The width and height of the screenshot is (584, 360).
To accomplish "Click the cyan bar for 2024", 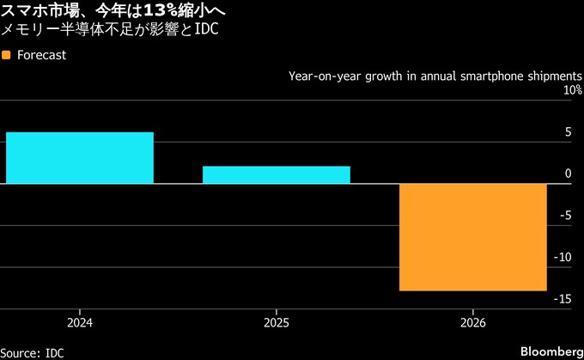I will [79, 158].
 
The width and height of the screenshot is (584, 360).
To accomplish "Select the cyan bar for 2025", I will [276, 174].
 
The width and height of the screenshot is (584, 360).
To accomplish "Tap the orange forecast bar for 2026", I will [473, 237].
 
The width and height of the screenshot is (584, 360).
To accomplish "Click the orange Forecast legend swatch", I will [7, 55].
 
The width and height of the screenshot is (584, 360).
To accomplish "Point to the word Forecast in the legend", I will [41, 55].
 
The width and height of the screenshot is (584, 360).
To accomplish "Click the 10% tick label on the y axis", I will [572, 90].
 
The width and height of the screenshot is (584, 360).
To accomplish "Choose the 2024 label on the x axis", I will [79, 323].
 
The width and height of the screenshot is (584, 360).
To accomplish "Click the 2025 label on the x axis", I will [276, 323].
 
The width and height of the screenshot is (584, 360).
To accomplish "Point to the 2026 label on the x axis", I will [473, 323].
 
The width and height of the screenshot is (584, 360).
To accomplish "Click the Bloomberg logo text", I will [549, 351].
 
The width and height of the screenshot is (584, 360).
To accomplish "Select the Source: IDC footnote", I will [32, 352].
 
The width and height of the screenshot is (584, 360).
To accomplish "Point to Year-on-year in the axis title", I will [323, 76].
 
